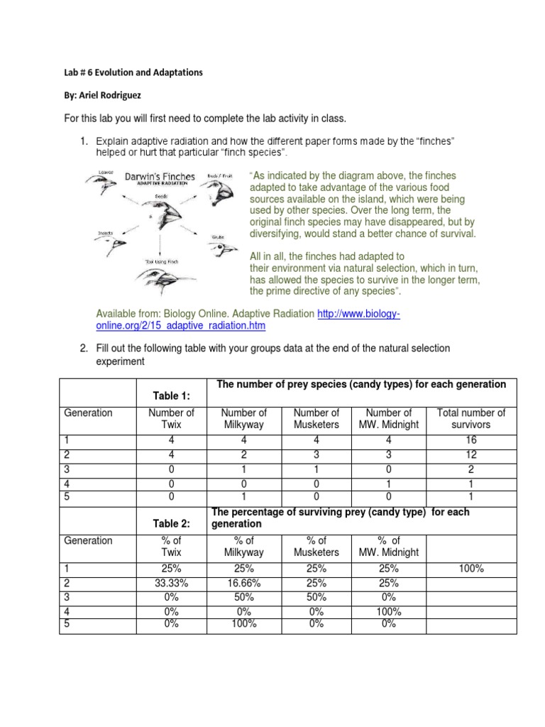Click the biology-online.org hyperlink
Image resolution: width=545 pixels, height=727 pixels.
click(248, 319)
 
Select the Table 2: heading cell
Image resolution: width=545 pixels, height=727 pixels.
click(170, 523)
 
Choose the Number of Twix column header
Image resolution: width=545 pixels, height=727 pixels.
click(170, 418)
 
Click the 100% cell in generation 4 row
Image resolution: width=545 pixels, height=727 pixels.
click(389, 611)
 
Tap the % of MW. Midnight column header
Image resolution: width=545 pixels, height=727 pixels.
click(389, 546)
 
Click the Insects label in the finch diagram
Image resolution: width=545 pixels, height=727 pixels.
click(105, 233)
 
